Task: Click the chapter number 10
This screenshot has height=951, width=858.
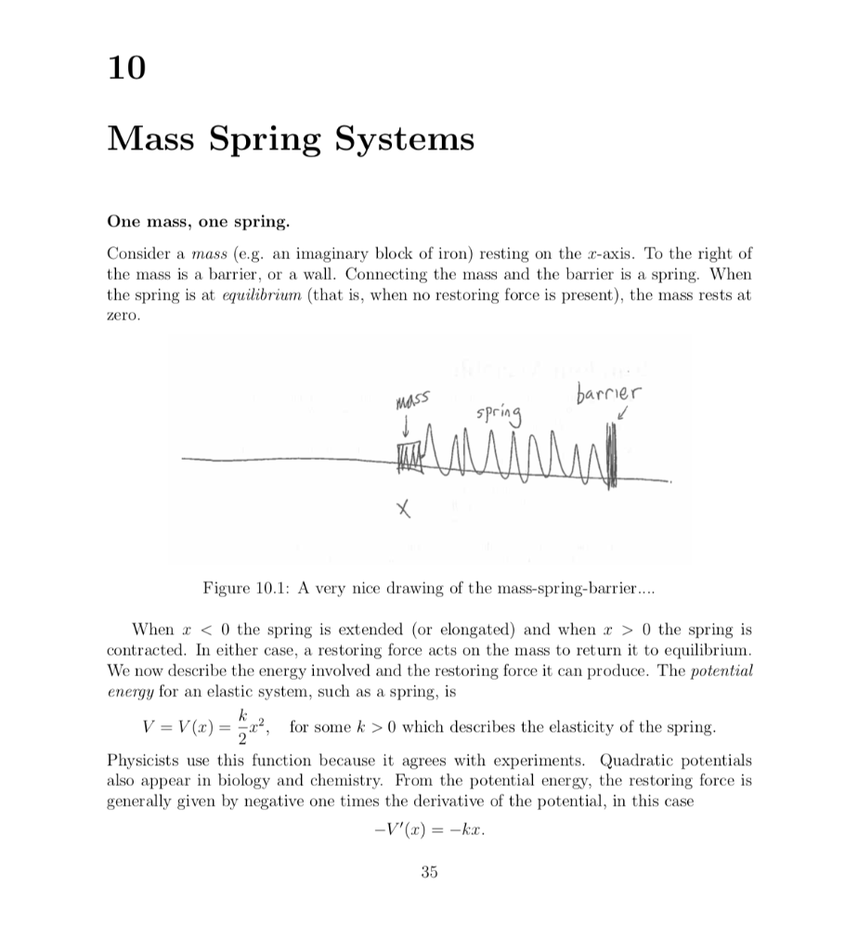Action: coord(127,68)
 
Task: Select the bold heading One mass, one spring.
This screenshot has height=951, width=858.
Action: coord(198,222)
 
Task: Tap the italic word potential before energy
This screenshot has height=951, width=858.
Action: coord(723,671)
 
